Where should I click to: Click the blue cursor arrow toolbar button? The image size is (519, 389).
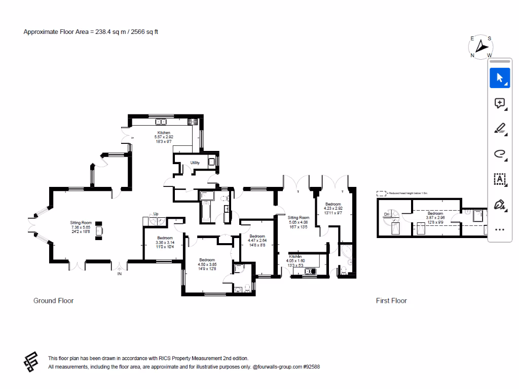click(500, 78)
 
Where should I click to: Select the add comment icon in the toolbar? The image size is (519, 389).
click(500, 103)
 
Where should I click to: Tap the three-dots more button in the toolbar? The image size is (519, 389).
click(500, 229)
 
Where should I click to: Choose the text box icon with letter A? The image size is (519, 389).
click(500, 179)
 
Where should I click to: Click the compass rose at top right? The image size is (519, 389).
click(480, 47)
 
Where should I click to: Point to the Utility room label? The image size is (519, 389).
click(195, 163)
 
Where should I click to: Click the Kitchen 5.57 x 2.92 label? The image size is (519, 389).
click(164, 137)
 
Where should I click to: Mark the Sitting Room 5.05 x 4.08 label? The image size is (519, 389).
click(299, 221)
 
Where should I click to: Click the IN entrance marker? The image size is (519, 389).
click(120, 274)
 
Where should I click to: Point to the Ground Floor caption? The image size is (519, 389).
click(53, 301)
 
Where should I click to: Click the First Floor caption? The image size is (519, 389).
click(391, 301)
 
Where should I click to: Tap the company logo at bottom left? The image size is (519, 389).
click(31, 361)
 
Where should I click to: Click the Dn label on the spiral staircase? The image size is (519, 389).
click(387, 214)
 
